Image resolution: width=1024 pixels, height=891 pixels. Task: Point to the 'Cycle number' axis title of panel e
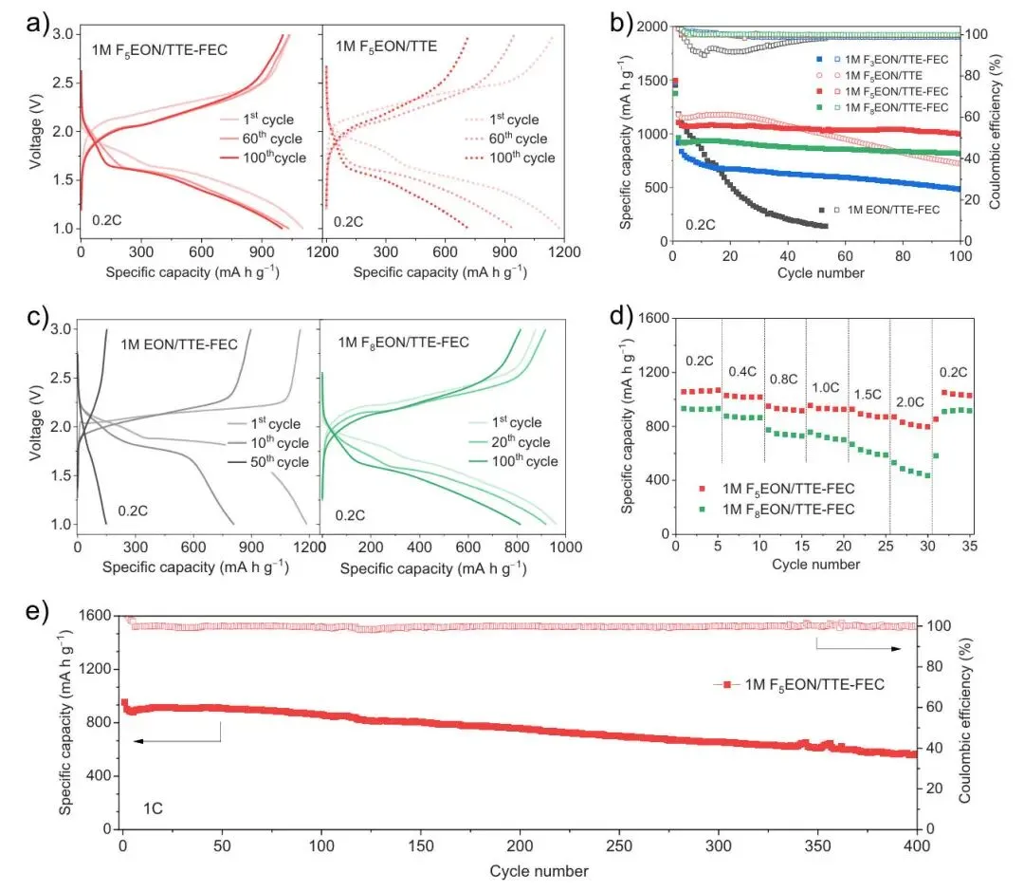[x=539, y=870]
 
